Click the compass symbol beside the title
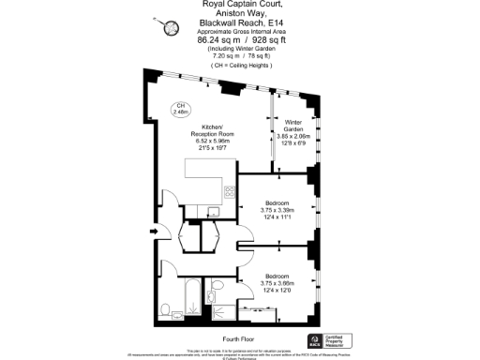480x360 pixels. [172, 29]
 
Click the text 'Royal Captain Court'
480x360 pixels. [240, 5]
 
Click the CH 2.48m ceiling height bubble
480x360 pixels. [180, 109]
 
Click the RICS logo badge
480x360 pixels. [314, 338]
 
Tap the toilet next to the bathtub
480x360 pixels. [164, 308]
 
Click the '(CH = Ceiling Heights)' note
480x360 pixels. [240, 67]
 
